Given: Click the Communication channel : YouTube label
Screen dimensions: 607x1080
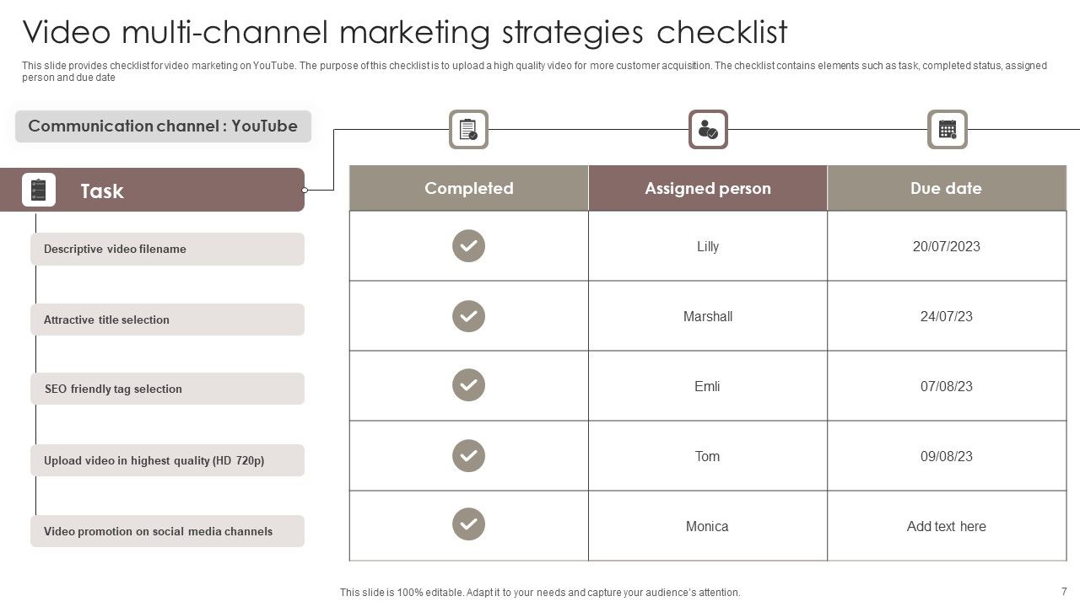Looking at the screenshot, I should [x=163, y=126].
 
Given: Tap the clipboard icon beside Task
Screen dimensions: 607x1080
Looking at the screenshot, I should [x=39, y=190].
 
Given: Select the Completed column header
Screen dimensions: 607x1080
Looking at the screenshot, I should [x=468, y=188].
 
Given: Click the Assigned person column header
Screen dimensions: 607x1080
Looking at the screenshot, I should [x=707, y=188].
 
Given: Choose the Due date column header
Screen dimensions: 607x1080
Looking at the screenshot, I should [x=946, y=188].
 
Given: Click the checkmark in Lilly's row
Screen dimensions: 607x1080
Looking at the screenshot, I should [x=468, y=246].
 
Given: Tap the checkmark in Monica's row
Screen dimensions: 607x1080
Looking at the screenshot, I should [x=468, y=524].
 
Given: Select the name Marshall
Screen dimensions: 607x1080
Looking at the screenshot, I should [x=707, y=316].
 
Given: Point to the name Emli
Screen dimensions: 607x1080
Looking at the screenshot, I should [x=707, y=386].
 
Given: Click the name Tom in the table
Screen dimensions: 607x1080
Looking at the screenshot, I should [x=707, y=456].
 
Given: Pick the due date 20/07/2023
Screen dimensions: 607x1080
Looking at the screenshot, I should [x=946, y=246].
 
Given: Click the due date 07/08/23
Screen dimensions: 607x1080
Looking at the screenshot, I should [x=946, y=386].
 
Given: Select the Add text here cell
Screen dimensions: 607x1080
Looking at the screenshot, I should [x=946, y=526].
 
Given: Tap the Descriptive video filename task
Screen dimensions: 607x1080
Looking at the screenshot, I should [x=115, y=249].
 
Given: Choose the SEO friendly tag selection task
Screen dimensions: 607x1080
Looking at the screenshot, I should [x=113, y=389].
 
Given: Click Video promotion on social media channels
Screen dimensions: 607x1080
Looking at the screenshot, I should [x=158, y=531].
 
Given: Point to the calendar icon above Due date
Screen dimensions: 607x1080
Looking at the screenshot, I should [x=947, y=129].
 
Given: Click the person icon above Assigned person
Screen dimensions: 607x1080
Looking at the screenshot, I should [x=708, y=129].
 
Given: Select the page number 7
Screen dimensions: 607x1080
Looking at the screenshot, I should [x=1064, y=591].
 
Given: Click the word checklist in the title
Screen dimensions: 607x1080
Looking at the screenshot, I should [x=721, y=32].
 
